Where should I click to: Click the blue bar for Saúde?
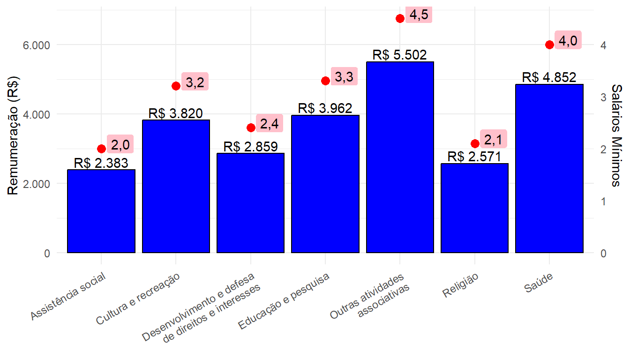click(549, 169)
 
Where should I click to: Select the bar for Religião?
click(474, 208)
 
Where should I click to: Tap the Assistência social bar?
click(101, 211)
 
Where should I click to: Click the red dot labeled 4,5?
click(400, 19)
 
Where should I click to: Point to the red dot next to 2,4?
click(251, 127)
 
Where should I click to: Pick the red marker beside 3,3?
click(325, 81)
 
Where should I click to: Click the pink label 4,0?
click(568, 41)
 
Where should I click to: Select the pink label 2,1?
click(493, 139)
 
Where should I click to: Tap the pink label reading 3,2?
click(195, 82)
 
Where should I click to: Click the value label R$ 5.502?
click(400, 55)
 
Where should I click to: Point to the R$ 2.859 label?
click(251, 147)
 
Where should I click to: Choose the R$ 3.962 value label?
click(325, 109)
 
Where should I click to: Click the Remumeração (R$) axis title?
click(14, 135)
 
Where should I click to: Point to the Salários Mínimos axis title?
click(617, 135)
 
